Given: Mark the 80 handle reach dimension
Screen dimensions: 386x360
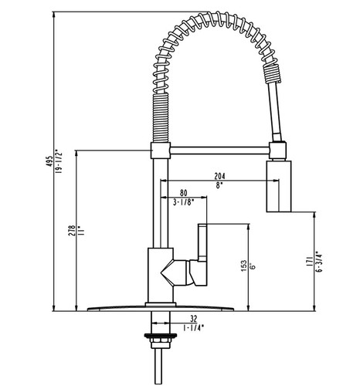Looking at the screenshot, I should click(183, 193).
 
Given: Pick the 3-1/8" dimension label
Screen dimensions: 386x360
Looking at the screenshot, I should click(183, 203).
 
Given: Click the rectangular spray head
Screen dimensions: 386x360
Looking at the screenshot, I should click(280, 185).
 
